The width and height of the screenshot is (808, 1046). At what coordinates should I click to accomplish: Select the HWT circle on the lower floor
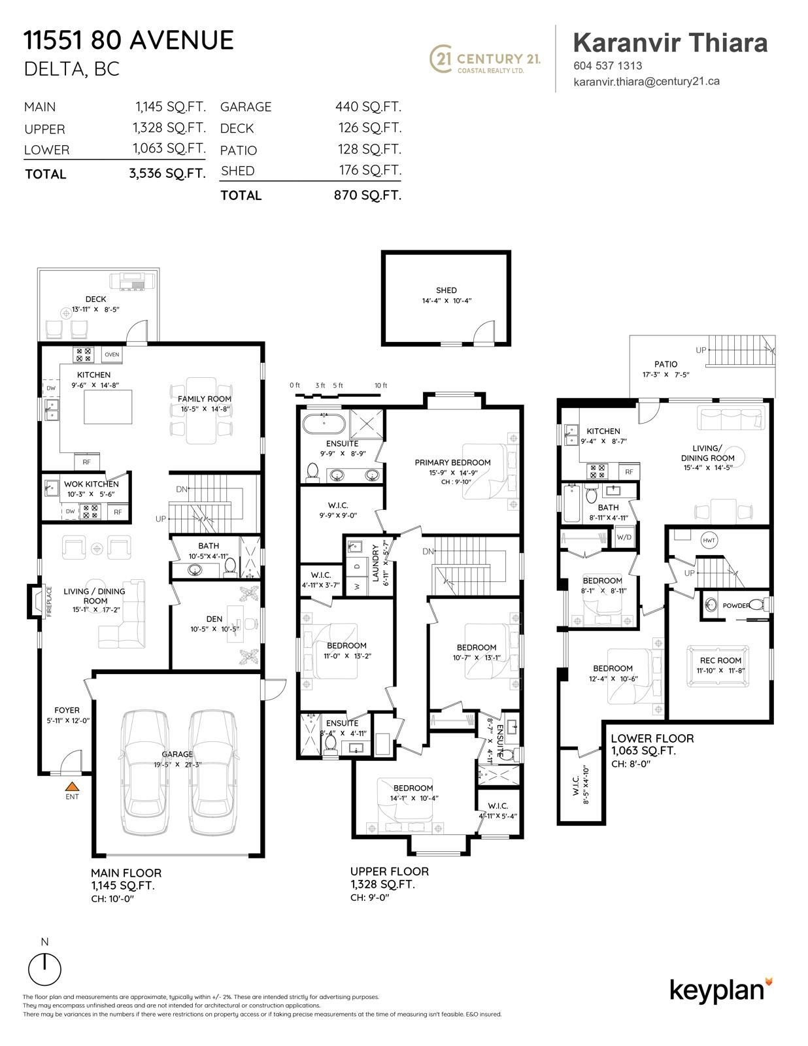709,541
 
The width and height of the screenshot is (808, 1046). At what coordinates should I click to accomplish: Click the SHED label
446,290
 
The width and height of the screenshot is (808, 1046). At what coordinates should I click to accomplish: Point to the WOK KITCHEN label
91,484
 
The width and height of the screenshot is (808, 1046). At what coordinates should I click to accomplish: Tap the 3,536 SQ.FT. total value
167,174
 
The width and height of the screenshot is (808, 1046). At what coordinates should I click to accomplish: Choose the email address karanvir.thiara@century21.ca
646,82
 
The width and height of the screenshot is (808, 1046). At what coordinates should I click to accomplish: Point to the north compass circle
45,968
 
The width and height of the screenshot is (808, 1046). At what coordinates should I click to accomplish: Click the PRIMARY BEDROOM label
452,462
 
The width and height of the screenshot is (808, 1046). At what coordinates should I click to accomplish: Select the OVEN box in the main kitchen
112,354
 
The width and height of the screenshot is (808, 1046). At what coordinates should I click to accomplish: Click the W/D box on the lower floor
624,537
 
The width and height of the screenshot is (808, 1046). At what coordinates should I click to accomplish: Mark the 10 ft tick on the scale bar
380,394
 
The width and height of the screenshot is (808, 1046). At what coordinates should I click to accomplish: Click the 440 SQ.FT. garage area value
368,107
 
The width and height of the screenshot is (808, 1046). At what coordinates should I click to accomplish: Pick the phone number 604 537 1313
607,65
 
